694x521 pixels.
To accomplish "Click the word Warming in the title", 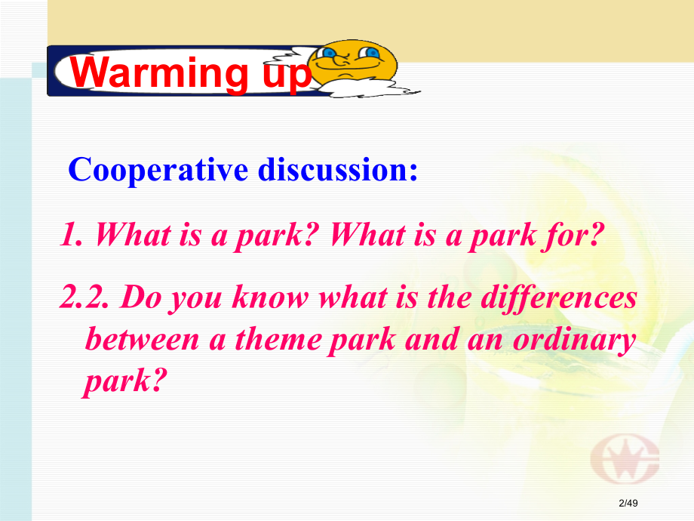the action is point(159,72).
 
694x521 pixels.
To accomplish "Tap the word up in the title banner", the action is point(287,76).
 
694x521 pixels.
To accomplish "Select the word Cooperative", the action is point(158,170).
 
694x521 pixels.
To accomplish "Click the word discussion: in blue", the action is point(338,169).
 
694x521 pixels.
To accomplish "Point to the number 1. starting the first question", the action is point(72,234).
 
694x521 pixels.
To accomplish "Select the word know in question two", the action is point(270,297).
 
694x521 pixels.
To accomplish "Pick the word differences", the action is point(558,297).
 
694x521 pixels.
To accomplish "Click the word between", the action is point(142,339).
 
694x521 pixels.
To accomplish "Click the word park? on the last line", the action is point(124,381).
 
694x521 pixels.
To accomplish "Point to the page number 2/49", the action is point(628,503).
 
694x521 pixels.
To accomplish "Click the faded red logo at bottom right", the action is point(624,458).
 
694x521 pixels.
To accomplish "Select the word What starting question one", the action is point(133,234).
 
